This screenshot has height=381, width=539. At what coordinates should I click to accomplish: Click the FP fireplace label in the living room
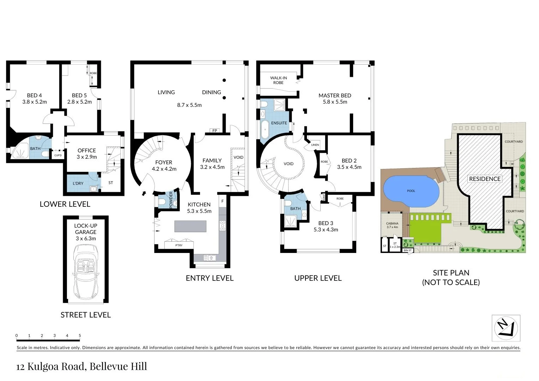point(214,131)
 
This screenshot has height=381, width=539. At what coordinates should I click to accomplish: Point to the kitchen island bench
point(190,226)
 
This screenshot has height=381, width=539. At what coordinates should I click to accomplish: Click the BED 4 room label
point(35,95)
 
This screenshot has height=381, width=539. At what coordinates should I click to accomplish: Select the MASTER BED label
point(335,95)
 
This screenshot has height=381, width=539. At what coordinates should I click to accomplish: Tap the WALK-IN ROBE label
point(278,80)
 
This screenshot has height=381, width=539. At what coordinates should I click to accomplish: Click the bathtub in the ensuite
point(265,129)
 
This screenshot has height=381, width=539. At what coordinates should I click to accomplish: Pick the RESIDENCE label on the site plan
point(485,179)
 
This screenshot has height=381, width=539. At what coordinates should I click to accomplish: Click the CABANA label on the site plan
point(392,223)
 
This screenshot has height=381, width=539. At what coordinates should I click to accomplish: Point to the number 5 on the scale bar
point(80,335)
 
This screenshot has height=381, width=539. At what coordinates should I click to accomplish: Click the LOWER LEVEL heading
point(65,204)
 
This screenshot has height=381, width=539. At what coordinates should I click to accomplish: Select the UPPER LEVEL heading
point(318,278)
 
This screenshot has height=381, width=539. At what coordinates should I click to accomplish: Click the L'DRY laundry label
point(78,183)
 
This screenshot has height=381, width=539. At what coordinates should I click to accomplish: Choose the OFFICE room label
point(87,151)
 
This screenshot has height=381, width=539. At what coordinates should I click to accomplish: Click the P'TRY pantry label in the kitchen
point(179,245)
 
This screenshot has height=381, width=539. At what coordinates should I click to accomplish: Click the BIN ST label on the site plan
point(407,250)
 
